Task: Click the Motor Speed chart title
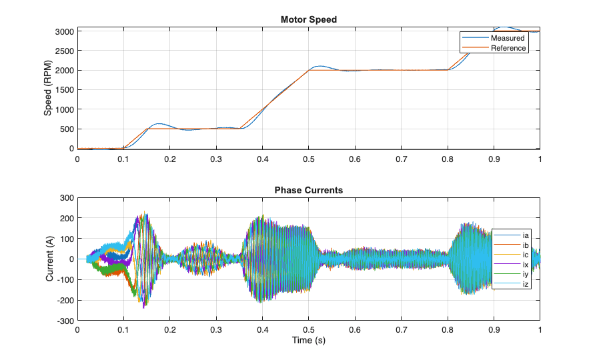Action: tap(308, 19)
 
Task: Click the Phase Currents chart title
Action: tap(308, 190)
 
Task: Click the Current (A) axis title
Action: tap(49, 259)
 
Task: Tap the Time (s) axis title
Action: tap(308, 340)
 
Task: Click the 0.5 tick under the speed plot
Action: tap(308, 159)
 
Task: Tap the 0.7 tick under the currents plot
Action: tap(401, 330)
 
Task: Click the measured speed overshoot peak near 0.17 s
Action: tap(158, 124)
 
